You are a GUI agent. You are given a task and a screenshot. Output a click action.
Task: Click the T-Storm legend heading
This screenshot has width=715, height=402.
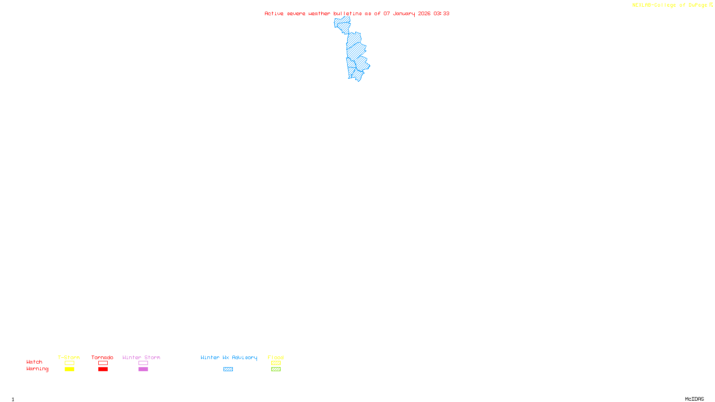[x=69, y=357]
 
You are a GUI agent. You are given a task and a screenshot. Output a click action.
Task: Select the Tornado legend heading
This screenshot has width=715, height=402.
[x=102, y=357]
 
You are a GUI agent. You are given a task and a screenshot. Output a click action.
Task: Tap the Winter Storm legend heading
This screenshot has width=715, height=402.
[x=141, y=357]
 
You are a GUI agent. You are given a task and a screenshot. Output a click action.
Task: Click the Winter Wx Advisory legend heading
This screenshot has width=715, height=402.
[x=229, y=357]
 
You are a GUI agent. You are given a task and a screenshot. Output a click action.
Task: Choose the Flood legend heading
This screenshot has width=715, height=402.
[x=276, y=357]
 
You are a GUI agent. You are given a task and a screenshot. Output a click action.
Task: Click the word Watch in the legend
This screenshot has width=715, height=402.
[x=34, y=362]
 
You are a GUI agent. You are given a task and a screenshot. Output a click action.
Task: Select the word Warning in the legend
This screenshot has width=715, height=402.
[x=37, y=369]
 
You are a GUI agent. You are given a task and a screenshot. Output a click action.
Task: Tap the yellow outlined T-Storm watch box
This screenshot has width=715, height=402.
[x=69, y=363]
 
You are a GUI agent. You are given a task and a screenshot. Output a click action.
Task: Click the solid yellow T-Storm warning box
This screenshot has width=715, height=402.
[x=69, y=369]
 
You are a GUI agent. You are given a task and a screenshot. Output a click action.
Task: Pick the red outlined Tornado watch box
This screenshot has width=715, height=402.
[x=103, y=363]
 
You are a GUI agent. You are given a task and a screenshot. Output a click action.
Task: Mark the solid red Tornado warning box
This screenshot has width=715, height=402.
[x=103, y=369]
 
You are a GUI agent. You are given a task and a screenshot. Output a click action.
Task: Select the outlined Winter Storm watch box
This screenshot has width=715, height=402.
[x=143, y=363]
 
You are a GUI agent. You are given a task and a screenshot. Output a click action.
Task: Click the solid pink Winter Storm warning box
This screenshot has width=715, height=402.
[x=143, y=369]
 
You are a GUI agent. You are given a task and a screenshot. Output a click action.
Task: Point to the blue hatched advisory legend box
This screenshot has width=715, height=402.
[x=228, y=369]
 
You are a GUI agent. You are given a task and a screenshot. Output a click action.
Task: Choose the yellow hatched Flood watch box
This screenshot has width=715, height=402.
[x=276, y=363]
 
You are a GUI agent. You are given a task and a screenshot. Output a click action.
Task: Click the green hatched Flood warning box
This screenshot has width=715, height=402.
[x=276, y=369]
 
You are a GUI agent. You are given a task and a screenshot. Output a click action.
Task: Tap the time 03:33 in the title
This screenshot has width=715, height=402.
[x=442, y=13]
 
